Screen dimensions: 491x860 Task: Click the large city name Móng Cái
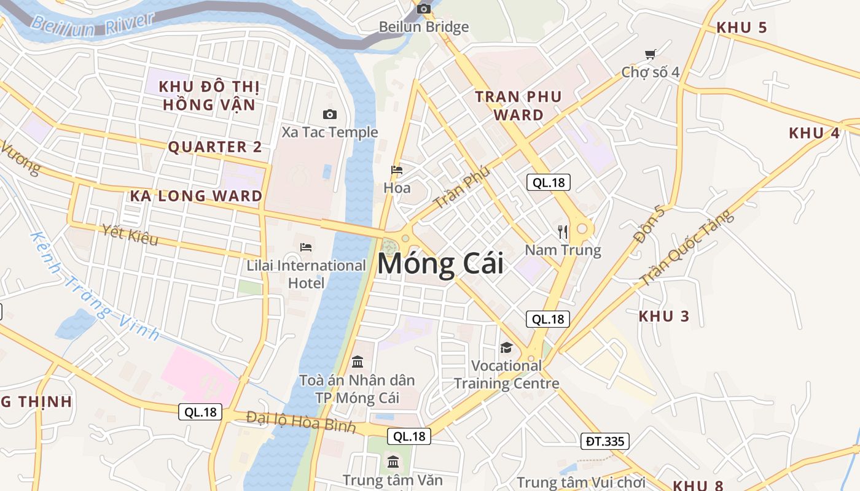[440, 264]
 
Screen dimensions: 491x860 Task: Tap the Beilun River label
[92, 25]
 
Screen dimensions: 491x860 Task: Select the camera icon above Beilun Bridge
[423, 9]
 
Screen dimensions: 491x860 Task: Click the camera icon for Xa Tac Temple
[330, 114]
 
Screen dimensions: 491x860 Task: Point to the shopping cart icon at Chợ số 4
[650, 54]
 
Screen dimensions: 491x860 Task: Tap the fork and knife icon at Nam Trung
[563, 231]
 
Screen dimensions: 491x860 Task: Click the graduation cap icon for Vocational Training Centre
[506, 347]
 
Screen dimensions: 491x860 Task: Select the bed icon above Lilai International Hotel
[306, 247]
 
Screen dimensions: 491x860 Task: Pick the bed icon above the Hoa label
[397, 170]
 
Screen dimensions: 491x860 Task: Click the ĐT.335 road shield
[604, 441]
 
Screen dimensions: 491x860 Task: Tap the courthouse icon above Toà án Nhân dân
[358, 361]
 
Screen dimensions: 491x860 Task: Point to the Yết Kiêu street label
[130, 235]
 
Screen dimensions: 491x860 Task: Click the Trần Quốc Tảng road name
[686, 249]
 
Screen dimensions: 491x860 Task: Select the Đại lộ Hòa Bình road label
[301, 422]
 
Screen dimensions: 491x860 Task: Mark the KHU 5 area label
[741, 28]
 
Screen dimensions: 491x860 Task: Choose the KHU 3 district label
[664, 317]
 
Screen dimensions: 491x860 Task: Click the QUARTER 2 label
[215, 147]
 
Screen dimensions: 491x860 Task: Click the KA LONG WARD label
[196, 196]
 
